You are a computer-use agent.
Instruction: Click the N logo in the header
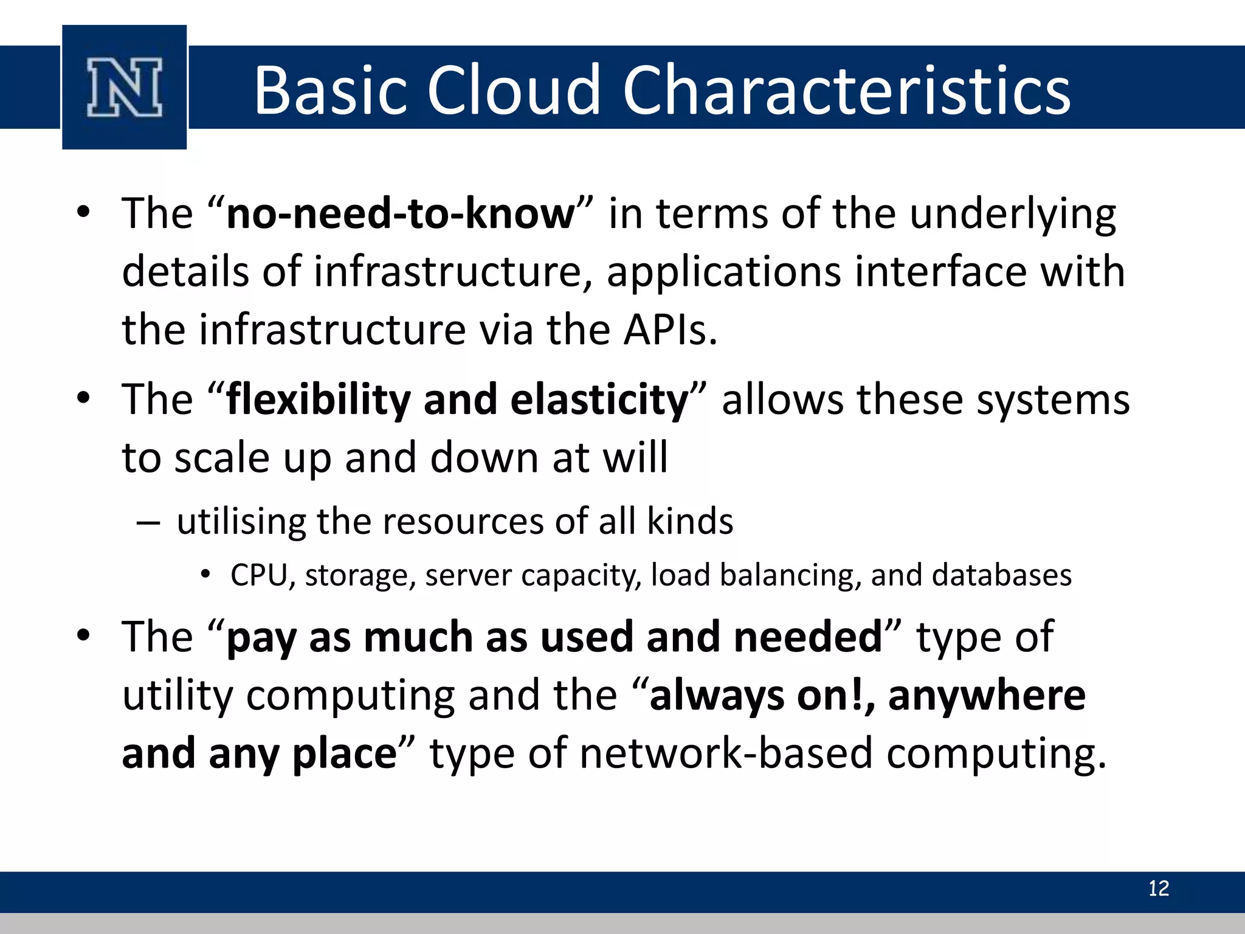(x=125, y=87)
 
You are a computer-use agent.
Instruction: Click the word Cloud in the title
(x=514, y=90)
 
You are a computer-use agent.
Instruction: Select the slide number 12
(x=1158, y=888)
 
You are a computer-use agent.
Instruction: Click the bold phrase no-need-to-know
(x=400, y=214)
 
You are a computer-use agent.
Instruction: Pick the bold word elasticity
(x=599, y=400)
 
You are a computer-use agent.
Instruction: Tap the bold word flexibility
(x=319, y=400)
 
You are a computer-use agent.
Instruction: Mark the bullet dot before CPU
(x=206, y=574)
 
